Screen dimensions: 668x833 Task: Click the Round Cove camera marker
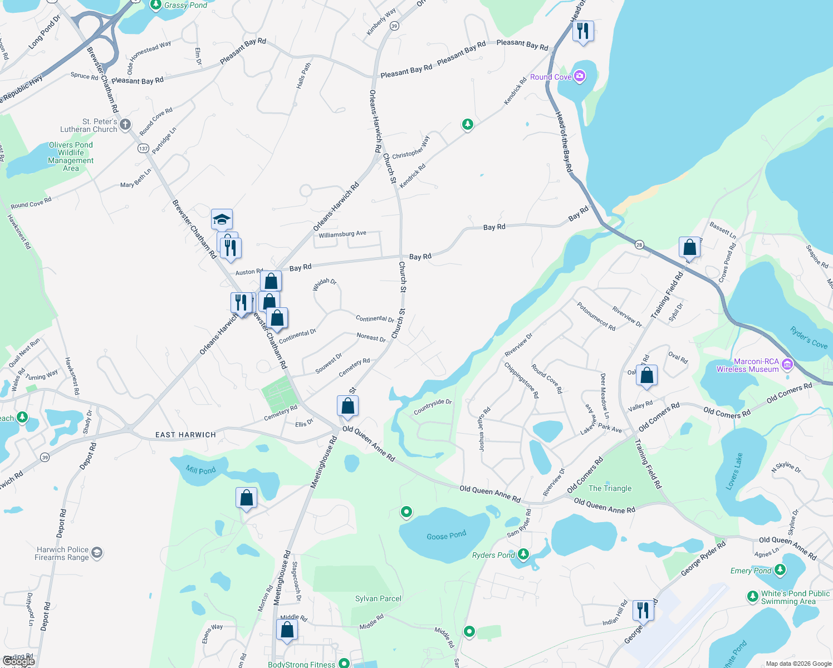(580, 76)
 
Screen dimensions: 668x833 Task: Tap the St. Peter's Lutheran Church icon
(125, 124)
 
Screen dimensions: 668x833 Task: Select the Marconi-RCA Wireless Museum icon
(787, 365)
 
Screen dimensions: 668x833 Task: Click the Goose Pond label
(446, 536)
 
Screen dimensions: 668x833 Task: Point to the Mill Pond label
(200, 470)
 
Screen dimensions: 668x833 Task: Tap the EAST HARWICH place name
(185, 435)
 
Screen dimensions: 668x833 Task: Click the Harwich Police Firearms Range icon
(97, 552)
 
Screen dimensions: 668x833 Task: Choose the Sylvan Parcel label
(378, 598)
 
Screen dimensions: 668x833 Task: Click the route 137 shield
(144, 148)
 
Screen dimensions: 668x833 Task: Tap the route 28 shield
(639, 244)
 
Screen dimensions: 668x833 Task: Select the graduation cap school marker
(222, 219)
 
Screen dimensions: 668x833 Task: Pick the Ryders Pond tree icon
(523, 554)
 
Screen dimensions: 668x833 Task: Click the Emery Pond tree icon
(780, 569)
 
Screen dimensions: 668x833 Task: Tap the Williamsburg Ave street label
(342, 234)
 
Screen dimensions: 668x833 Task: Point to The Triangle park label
(610, 488)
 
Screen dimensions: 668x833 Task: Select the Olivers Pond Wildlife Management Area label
(71, 156)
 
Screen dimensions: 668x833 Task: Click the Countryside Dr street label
(433, 406)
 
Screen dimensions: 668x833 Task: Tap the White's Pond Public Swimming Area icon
(753, 597)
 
